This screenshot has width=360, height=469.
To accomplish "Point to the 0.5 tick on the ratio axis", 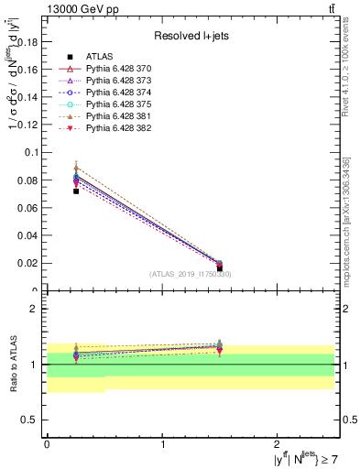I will (33, 420).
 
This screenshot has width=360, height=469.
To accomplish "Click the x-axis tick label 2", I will (280, 442).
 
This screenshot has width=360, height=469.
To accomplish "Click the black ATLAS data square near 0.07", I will (76, 191).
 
